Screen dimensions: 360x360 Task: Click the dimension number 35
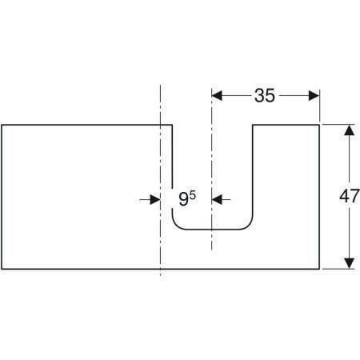click(264, 95)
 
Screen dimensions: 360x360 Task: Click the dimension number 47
click(350, 196)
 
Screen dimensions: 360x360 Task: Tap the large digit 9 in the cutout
click(184, 200)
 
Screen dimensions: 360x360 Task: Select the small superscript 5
click(193, 196)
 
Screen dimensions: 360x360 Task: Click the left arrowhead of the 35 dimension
click(217, 95)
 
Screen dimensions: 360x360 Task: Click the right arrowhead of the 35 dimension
click(314, 95)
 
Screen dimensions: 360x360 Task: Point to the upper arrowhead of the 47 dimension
click(350, 130)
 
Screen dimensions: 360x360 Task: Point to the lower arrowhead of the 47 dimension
click(350, 263)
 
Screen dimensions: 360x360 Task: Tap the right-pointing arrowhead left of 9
click(155, 199)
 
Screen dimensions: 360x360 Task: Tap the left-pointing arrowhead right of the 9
click(217, 199)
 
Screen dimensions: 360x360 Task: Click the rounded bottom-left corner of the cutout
click(176, 226)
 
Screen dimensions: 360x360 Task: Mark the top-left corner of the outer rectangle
click(2, 125)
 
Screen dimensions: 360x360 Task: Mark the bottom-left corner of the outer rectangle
click(2, 269)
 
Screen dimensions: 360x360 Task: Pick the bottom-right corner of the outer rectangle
click(319, 269)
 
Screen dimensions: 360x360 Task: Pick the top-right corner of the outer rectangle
click(319, 125)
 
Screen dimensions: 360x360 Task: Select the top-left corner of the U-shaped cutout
click(172, 125)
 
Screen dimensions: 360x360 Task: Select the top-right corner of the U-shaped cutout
click(253, 125)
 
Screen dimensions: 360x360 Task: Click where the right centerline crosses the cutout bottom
click(212, 230)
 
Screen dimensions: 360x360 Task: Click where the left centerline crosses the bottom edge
click(160, 269)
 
